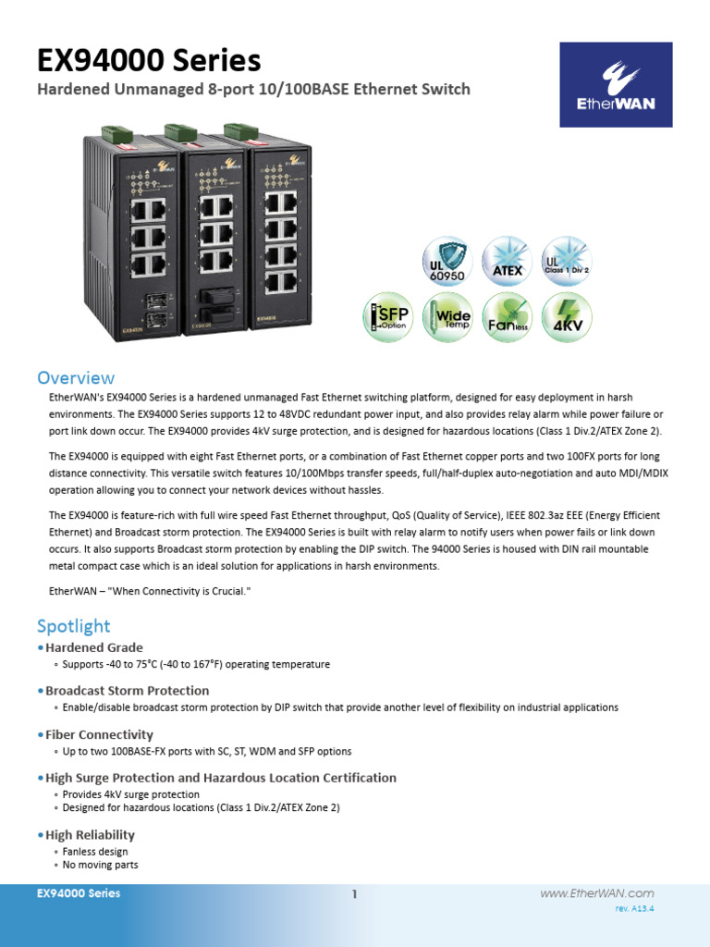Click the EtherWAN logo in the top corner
pyautogui.click(x=616, y=85)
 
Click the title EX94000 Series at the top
pyautogui.click(x=149, y=61)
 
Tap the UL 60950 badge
pyautogui.click(x=447, y=260)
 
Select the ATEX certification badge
pyautogui.click(x=507, y=260)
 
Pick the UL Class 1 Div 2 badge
pyautogui.click(x=566, y=260)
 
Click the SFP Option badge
pyautogui.click(x=388, y=317)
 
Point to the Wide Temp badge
pyautogui.click(x=447, y=317)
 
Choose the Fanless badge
pyautogui.click(x=507, y=317)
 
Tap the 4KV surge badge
pyautogui.click(x=566, y=317)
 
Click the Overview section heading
pyautogui.click(x=76, y=377)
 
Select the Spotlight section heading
pyautogui.click(x=73, y=626)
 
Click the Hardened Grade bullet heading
pyautogui.click(x=94, y=647)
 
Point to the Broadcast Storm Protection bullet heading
pyautogui.click(x=127, y=690)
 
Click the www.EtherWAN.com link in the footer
pyautogui.click(x=596, y=893)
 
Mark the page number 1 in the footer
pyautogui.click(x=354, y=894)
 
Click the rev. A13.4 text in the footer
pyautogui.click(x=634, y=910)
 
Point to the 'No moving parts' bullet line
pyautogui.click(x=100, y=865)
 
